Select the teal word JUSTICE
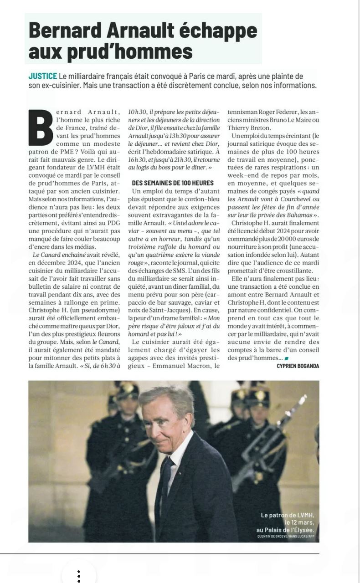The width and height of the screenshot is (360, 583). click(x=42, y=76)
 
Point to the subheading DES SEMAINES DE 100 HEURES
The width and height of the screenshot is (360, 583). click(x=173, y=183)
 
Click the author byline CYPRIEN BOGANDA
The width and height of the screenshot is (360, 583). click(x=298, y=366)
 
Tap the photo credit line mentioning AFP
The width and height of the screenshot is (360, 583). click(x=286, y=537)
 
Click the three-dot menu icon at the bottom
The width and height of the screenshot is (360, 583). click(x=79, y=576)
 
